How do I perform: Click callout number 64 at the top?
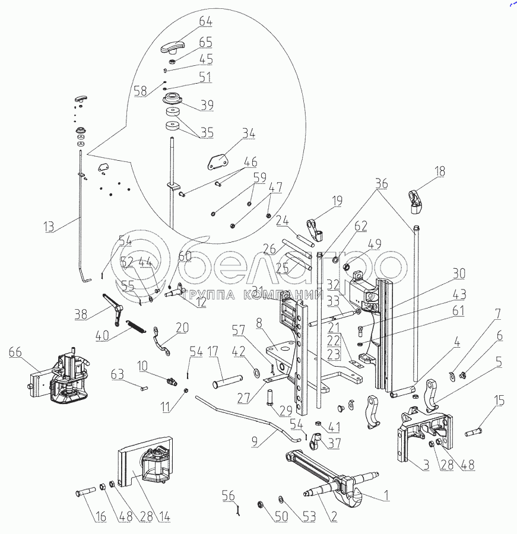click(206, 22)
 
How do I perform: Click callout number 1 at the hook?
click(386, 494)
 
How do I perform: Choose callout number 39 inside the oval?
click(207, 105)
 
